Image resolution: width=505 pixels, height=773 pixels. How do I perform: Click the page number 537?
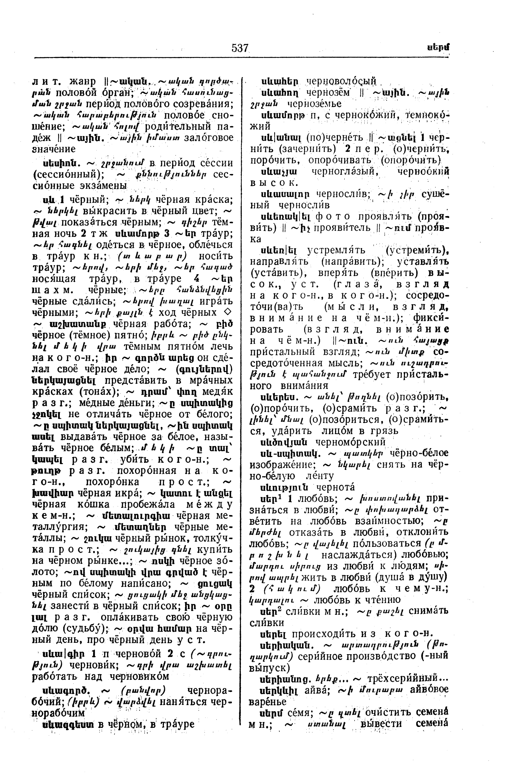pos(240,48)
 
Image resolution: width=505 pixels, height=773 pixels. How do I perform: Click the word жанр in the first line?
pos(82,81)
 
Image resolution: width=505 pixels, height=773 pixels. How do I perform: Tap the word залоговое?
pos(208,138)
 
